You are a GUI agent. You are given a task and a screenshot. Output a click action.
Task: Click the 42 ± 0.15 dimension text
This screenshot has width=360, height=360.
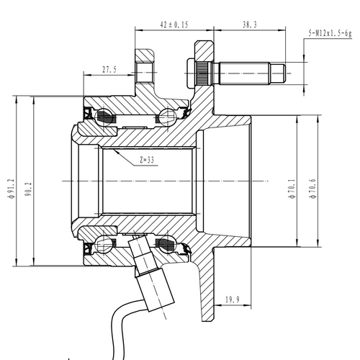(174, 24)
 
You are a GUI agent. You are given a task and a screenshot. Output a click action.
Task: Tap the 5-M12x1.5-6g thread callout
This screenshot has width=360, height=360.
(330, 33)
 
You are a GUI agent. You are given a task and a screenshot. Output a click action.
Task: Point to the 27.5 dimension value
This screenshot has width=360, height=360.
(110, 70)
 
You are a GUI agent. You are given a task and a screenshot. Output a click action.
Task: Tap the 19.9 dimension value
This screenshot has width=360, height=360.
(232, 300)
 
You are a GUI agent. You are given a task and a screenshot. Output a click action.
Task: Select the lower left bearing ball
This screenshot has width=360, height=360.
(108, 244)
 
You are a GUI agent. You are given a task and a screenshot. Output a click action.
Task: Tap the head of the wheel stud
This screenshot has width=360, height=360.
(201, 71)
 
